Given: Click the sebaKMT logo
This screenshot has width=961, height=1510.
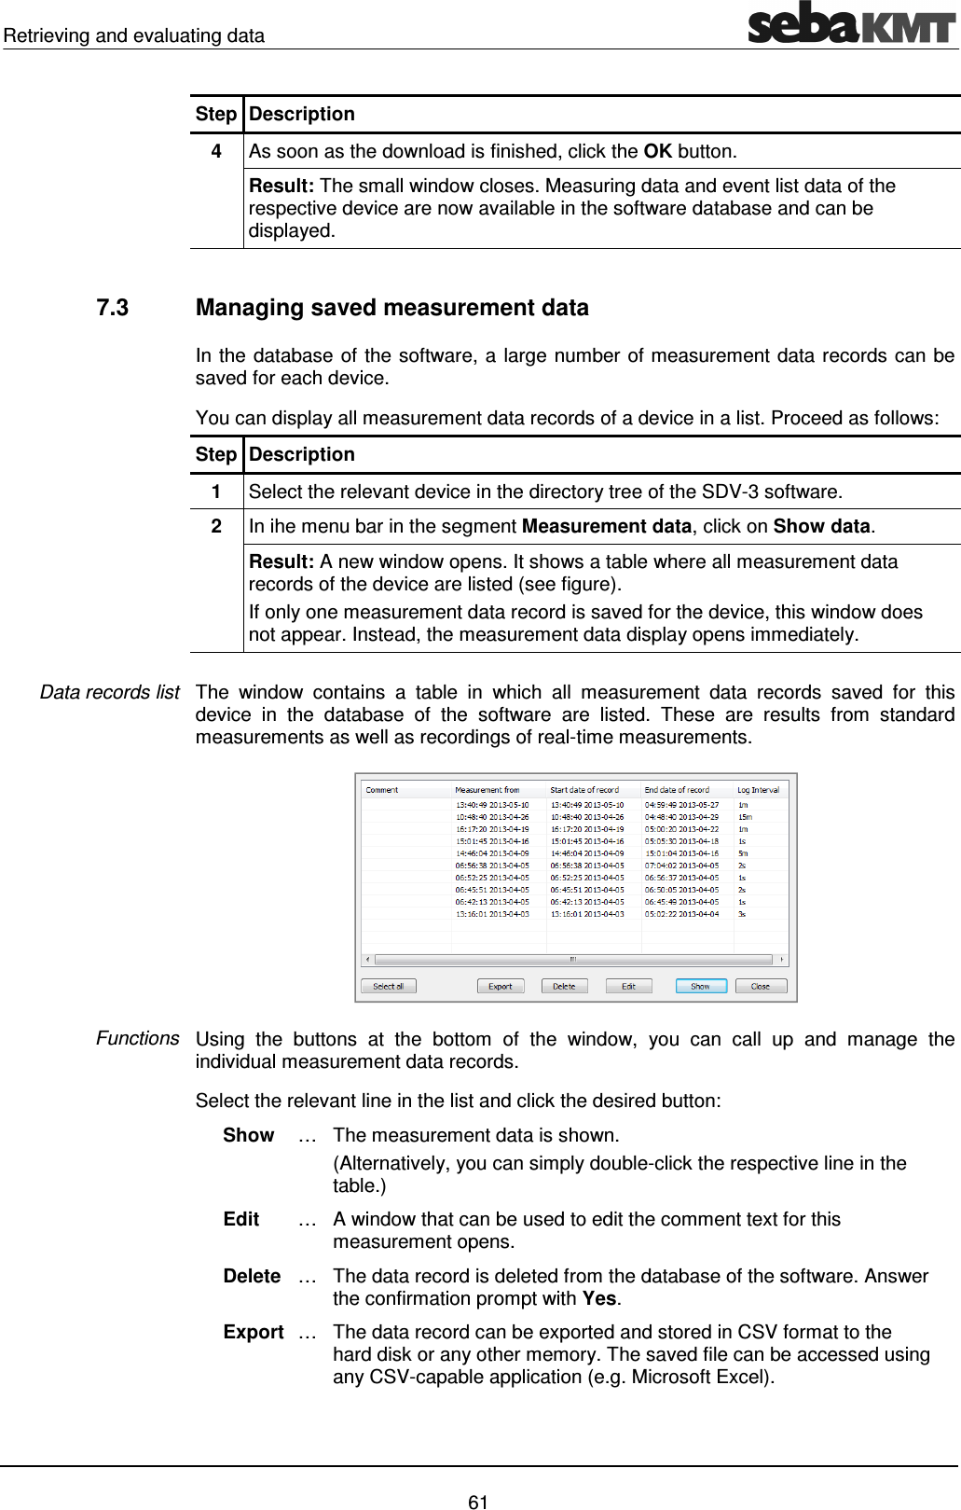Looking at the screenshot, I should tap(852, 23).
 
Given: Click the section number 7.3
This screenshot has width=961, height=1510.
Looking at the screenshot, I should tap(112, 308).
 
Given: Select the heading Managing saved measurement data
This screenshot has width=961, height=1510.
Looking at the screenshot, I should tap(391, 308).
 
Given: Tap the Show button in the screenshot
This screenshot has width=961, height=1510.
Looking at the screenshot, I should tap(701, 986).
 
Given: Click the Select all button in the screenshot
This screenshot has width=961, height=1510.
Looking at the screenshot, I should tap(389, 986).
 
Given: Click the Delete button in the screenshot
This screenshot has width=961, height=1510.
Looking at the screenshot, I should tap(564, 986).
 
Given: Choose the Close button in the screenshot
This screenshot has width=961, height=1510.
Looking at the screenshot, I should tap(761, 986).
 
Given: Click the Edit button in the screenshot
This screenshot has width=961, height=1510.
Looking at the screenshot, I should tap(629, 986).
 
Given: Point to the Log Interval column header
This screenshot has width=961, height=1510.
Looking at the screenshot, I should tap(758, 790).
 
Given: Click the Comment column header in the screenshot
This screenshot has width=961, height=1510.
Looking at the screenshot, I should tap(382, 790).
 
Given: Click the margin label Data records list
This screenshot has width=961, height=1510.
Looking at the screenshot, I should tap(109, 692).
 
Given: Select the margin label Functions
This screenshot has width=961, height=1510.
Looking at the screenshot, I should tap(137, 1038).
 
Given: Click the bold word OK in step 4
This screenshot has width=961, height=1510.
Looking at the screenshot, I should tap(657, 151).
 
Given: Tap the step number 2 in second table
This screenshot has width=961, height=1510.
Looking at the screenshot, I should tap(216, 526).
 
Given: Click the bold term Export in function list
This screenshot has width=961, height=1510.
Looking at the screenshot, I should tap(253, 1332).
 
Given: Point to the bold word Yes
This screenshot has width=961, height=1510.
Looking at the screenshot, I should tap(599, 1298).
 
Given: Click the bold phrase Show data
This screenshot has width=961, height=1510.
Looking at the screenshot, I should tap(821, 526).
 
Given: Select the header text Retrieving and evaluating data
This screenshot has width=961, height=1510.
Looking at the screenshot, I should tap(133, 35).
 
